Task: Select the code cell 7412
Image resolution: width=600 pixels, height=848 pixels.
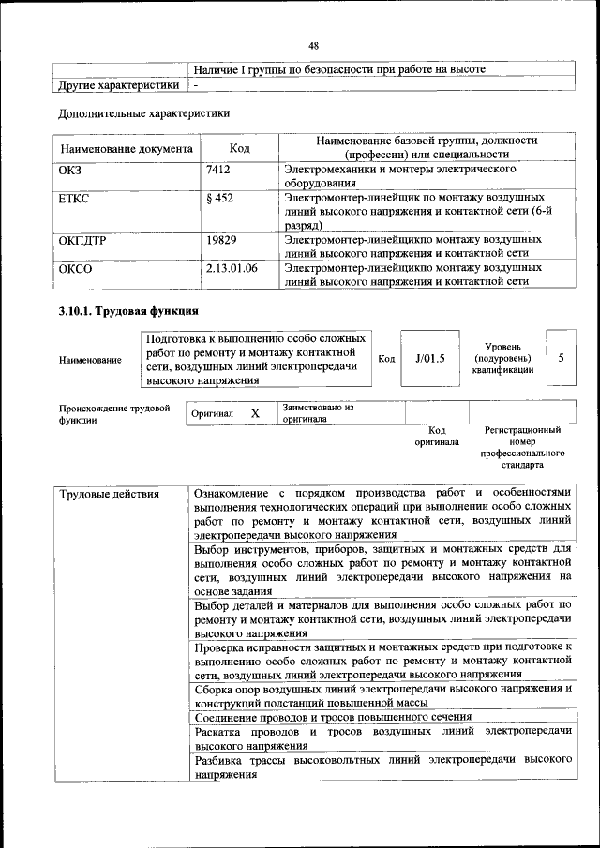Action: (217, 170)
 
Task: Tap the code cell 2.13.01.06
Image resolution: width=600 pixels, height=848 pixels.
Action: (231, 267)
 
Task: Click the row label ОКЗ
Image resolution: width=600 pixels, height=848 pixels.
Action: (71, 170)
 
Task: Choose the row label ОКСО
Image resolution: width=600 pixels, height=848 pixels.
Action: (74, 267)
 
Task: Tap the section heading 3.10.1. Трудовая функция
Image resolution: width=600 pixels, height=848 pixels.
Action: (127, 311)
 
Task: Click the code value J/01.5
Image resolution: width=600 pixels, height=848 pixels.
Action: (429, 358)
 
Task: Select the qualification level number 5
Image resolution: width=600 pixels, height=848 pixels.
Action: (561, 357)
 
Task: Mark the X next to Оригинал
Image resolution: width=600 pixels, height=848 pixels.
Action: (255, 413)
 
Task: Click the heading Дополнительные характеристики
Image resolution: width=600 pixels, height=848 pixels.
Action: (143, 113)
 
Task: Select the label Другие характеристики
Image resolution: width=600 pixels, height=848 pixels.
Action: (118, 85)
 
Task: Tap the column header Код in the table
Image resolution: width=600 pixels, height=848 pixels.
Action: (240, 148)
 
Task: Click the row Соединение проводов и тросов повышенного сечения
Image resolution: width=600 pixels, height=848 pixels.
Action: (332, 717)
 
